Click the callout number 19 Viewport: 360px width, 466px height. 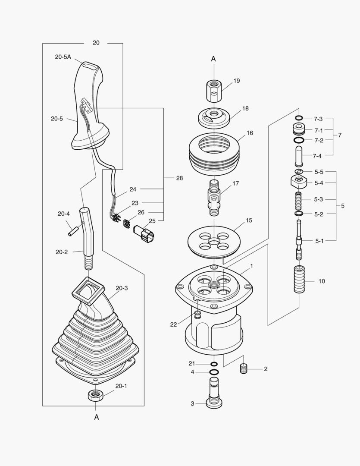pyautogui.click(x=237, y=81)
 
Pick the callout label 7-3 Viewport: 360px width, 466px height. pyautogui.click(x=318, y=119)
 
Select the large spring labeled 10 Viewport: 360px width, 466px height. pyautogui.click(x=299, y=279)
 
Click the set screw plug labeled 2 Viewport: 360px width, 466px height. pyautogui.click(x=244, y=369)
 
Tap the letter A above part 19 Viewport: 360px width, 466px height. pyautogui.click(x=213, y=59)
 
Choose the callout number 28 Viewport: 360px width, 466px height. pyautogui.click(x=180, y=178)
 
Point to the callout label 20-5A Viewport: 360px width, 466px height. pyautogui.click(x=63, y=57)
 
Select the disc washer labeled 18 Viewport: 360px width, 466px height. pyautogui.click(x=214, y=117)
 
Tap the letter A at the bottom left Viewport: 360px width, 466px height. pyautogui.click(x=97, y=417)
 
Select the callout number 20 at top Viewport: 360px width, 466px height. pyautogui.click(x=96, y=43)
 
